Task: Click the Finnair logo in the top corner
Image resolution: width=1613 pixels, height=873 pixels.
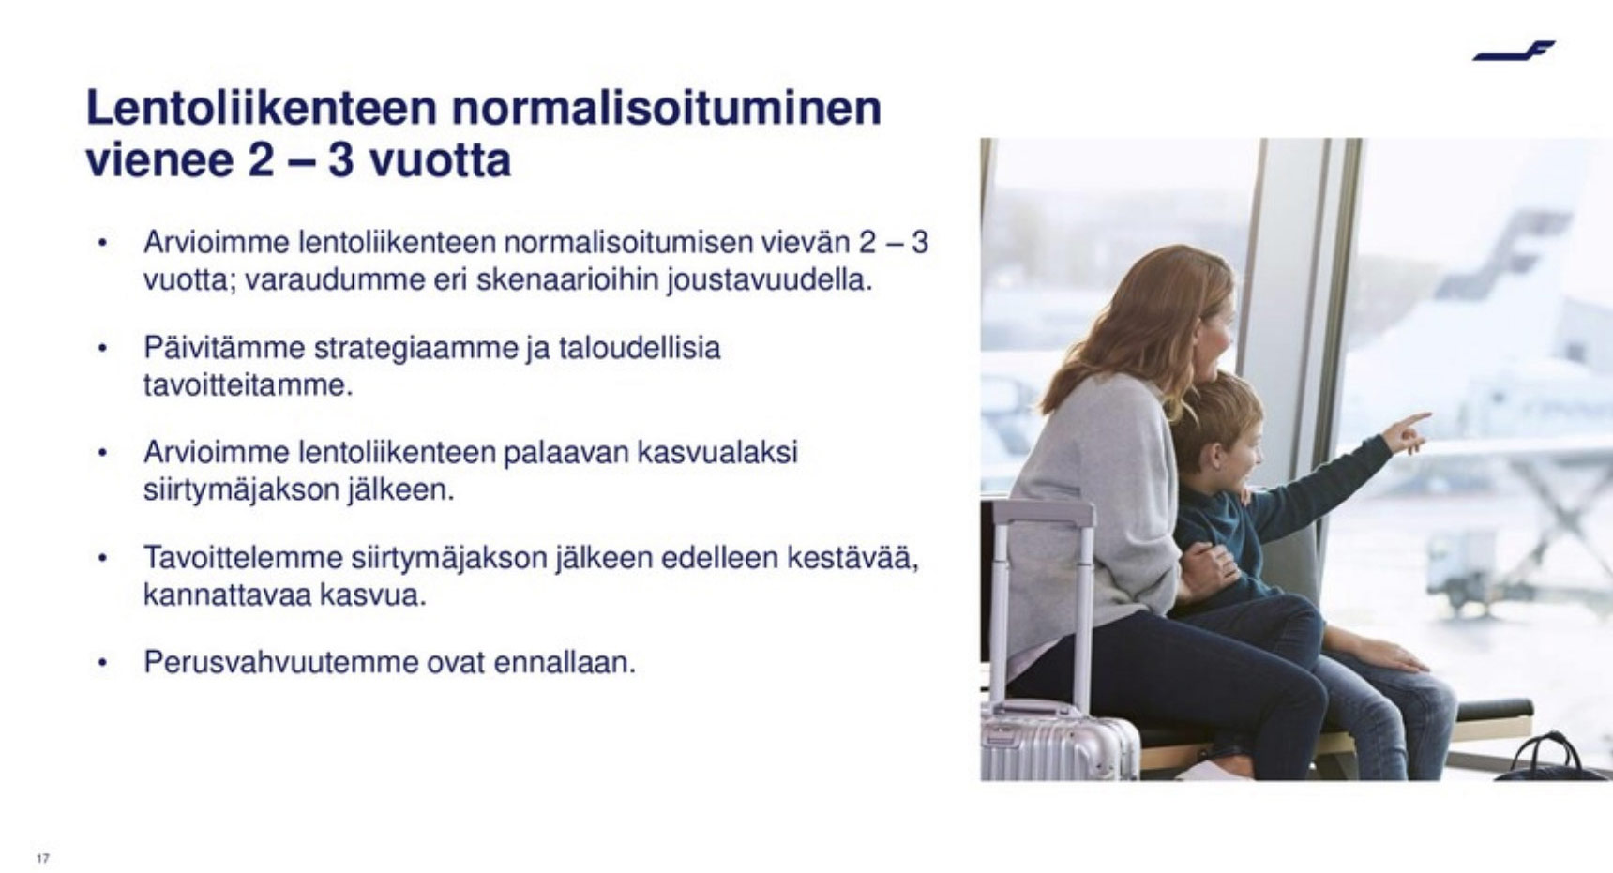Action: pos(1513,51)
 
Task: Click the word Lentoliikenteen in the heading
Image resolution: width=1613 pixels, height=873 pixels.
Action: pos(262,108)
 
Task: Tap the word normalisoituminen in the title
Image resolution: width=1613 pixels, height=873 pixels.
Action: pos(667,108)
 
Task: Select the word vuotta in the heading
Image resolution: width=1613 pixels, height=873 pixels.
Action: pos(440,160)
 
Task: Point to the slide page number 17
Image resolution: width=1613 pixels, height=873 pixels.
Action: pos(42,858)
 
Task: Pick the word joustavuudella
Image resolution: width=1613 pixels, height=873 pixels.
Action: pos(770,279)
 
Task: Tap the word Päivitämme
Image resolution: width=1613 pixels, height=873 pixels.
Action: pos(224,348)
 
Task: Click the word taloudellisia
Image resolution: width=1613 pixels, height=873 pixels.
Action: pos(640,348)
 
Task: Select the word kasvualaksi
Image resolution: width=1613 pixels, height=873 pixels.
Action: pos(717,452)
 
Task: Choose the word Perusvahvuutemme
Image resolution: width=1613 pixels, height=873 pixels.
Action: pos(280,662)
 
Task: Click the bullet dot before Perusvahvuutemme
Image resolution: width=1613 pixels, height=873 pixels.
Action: pos(102,664)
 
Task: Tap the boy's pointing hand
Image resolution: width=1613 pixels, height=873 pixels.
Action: pos(1407,433)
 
